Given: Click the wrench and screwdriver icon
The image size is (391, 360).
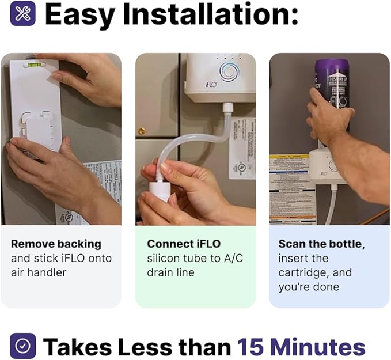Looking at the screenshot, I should tap(22, 14).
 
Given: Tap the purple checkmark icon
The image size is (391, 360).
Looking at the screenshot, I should tap(22, 346).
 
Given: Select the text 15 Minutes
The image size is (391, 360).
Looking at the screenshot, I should tap(301, 347).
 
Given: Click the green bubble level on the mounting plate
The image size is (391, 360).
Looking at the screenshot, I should tap(34, 65).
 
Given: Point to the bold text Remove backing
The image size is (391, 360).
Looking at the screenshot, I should tap(56, 244).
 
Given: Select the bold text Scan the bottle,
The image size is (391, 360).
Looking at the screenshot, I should tap(321, 244).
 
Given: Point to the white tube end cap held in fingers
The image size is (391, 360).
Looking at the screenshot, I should tap(160, 190).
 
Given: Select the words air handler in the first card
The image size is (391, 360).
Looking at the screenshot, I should tap(39, 272).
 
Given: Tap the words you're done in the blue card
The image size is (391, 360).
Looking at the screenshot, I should tap(309, 287).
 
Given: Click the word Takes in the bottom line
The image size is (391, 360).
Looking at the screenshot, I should tap(77, 347).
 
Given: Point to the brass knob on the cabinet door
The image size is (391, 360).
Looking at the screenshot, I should tap(142, 131).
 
